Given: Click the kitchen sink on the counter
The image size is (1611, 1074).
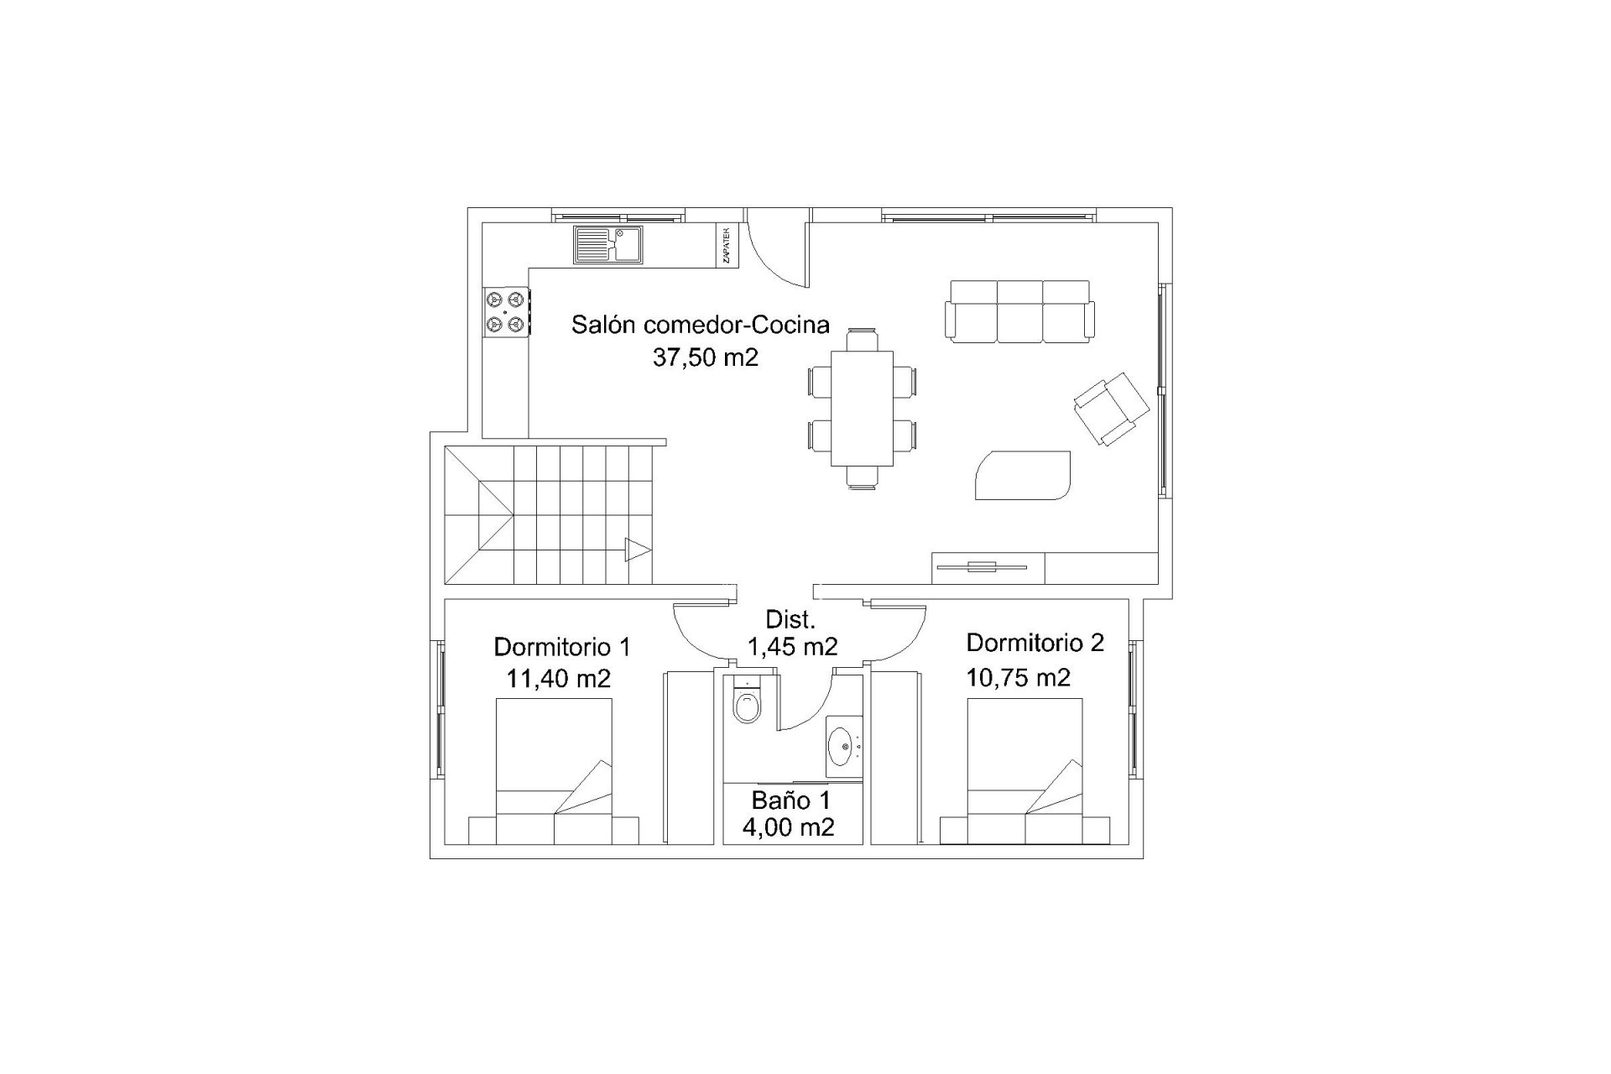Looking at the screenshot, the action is coord(608,245).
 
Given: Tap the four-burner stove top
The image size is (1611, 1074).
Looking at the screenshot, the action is coord(506,311).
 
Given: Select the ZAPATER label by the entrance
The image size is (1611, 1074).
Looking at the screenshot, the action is coord(727,245).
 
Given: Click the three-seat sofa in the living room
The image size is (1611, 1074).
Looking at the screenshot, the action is coord(1019,311).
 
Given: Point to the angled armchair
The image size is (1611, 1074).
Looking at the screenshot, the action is coord(1112,409).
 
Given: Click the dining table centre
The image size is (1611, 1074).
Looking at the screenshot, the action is coord(862,408).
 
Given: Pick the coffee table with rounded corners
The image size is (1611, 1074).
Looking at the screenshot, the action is coord(1023,475).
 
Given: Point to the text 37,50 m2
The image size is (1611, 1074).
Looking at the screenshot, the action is coord(706,357).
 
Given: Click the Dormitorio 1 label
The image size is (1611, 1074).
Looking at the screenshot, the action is coord(562,647).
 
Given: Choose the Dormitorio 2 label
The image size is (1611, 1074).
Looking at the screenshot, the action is coord(1035,643).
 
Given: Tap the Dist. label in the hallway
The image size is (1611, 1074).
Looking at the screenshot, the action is coord(790,620).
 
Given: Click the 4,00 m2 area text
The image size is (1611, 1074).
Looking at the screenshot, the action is coord(789,827).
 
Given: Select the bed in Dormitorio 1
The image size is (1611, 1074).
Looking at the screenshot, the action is coord(554,771).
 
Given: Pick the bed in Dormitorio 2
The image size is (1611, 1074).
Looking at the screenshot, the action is coord(1024,771).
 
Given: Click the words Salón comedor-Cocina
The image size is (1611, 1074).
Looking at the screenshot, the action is coord(701,325).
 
